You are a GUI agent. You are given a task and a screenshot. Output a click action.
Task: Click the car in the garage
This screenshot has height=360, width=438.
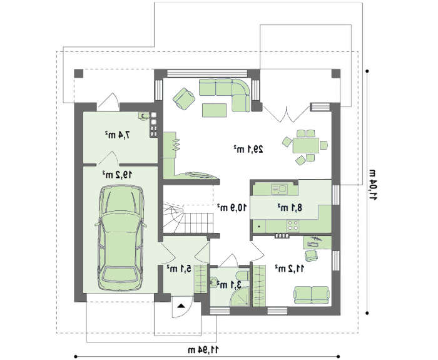click(x=121, y=238)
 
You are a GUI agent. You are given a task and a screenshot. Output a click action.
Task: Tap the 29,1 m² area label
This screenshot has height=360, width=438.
click(x=248, y=149)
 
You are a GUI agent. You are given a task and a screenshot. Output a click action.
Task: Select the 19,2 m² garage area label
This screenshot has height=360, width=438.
click(x=117, y=175)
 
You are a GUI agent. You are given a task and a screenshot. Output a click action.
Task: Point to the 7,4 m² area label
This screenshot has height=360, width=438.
click(x=118, y=135)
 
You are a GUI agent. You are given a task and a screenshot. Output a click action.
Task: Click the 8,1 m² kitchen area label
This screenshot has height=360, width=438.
click(x=290, y=208)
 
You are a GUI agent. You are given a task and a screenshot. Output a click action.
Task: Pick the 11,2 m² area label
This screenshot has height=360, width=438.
click(x=289, y=269)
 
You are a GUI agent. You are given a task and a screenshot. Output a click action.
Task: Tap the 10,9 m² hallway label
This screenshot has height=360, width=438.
click(x=232, y=207)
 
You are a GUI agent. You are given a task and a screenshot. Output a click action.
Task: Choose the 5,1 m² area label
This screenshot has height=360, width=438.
click(x=179, y=269)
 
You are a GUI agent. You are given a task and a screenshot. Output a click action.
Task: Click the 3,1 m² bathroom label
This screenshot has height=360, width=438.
click(x=229, y=285)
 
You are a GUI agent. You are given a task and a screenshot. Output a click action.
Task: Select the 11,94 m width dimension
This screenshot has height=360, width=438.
click(x=203, y=349)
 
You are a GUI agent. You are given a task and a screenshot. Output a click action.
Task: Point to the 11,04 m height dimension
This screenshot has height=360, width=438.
click(x=374, y=185)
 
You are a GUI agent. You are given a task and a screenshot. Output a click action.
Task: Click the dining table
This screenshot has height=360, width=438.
click(x=306, y=145)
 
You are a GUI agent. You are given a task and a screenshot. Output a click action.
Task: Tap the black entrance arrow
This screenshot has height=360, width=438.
click(x=181, y=306)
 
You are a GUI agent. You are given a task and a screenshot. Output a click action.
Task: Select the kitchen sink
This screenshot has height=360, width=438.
click(x=279, y=188)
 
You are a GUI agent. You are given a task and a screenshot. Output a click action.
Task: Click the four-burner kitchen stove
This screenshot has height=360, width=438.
click(x=293, y=225)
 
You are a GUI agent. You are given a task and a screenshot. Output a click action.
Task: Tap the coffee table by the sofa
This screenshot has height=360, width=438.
click(x=215, y=110)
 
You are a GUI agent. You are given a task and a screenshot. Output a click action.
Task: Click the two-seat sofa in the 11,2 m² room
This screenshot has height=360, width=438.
click(x=311, y=295)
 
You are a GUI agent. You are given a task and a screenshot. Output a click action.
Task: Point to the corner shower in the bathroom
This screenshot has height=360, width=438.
click(x=240, y=297)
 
